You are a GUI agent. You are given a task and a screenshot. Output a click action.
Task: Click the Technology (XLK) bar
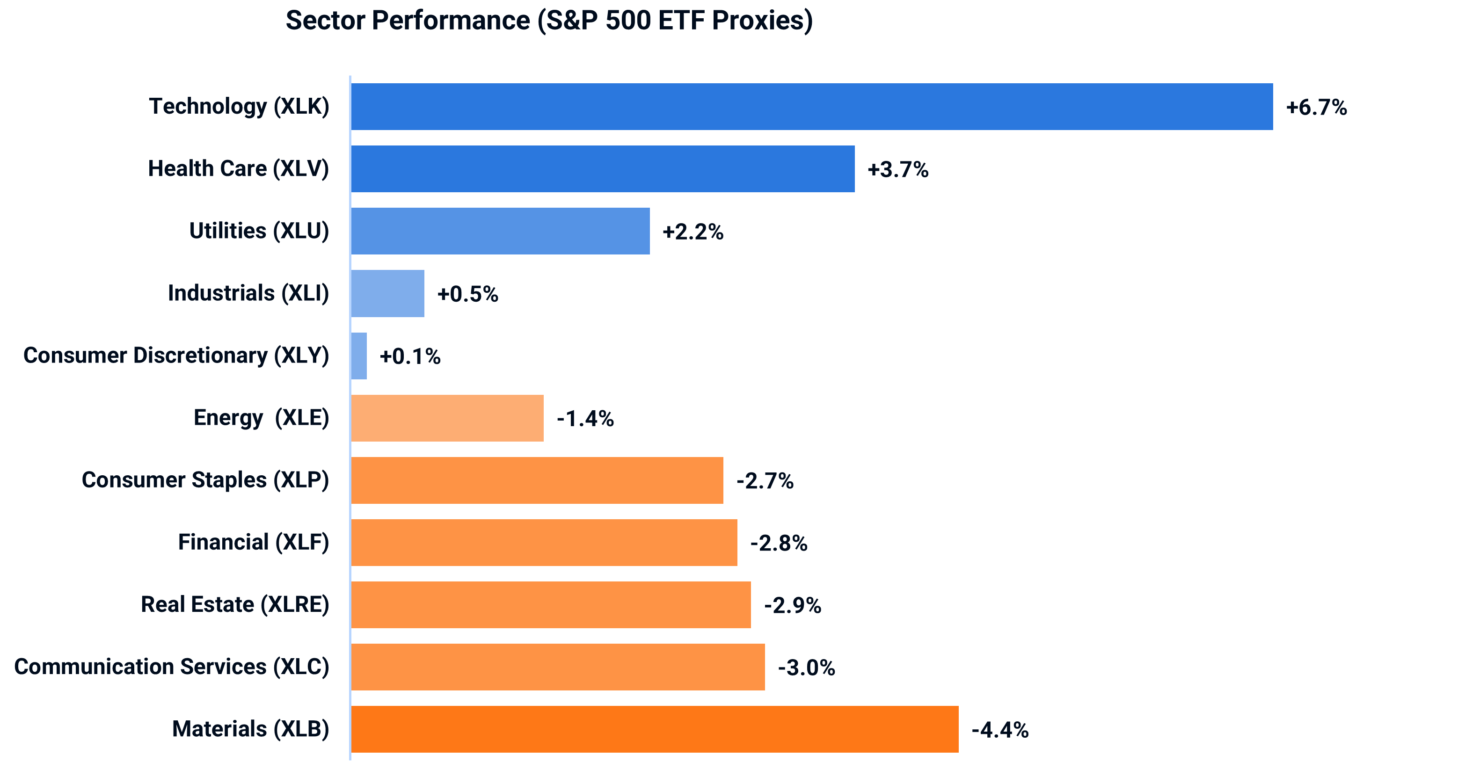(x=811, y=107)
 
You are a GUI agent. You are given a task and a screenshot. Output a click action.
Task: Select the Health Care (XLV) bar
(x=603, y=169)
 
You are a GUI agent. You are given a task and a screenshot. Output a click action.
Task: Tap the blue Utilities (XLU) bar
(x=500, y=231)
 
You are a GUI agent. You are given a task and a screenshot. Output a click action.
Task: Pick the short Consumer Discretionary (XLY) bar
(x=359, y=356)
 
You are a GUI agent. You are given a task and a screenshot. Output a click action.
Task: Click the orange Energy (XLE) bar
(x=447, y=418)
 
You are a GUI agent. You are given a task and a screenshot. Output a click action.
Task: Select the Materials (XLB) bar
(x=655, y=729)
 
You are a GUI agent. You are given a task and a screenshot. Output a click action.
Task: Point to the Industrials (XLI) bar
(x=388, y=293)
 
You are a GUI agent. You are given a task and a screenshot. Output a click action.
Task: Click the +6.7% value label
(x=1316, y=108)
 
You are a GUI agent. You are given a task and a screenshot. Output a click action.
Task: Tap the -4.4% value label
(x=999, y=730)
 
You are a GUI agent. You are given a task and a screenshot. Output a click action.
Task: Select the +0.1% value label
(x=410, y=356)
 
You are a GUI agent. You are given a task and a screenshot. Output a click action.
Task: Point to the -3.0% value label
(x=806, y=668)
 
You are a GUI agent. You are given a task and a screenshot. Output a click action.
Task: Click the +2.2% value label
(x=693, y=232)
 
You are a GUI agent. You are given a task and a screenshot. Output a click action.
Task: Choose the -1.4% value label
(x=585, y=419)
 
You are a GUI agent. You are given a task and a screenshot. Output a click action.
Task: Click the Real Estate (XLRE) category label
(x=235, y=604)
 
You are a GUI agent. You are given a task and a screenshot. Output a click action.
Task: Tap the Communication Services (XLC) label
(x=172, y=667)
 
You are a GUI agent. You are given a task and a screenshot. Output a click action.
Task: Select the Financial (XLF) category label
(x=253, y=542)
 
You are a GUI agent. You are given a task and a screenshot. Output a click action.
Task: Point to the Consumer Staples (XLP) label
(x=205, y=480)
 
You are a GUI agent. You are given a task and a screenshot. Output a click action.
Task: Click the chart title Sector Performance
(x=549, y=21)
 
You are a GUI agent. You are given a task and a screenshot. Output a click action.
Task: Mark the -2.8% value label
(x=779, y=544)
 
